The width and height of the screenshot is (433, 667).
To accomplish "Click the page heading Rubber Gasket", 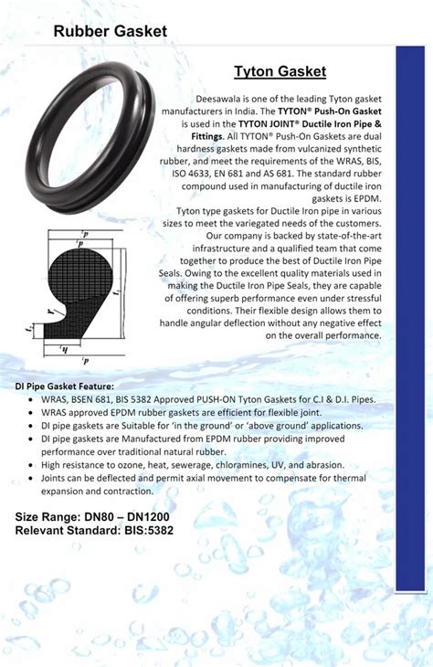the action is (x=110, y=32).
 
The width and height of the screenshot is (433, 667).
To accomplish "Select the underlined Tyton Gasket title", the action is (x=280, y=71).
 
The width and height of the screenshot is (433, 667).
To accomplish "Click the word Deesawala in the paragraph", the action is (x=221, y=98).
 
